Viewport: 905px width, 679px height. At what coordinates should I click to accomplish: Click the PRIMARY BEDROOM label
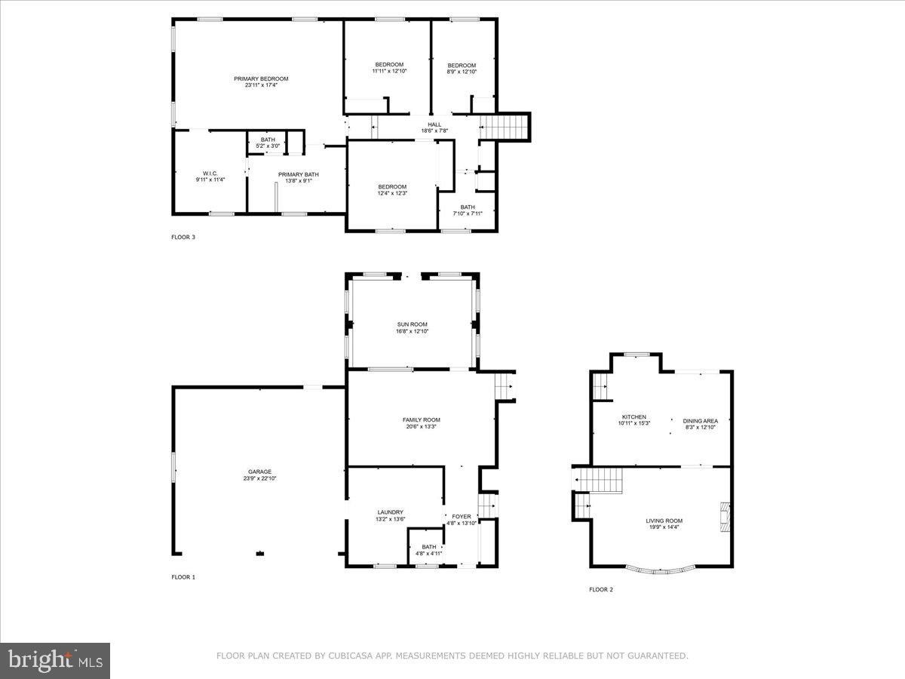click(x=261, y=79)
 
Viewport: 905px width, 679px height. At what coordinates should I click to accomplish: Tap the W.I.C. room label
click(x=210, y=173)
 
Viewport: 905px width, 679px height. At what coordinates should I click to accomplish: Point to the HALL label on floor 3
click(x=434, y=124)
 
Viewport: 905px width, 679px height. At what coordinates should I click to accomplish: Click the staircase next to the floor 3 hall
click(x=505, y=127)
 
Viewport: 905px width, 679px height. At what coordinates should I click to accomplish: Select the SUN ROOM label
click(x=413, y=324)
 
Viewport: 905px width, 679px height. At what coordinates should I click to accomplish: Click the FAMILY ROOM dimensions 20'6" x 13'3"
click(x=421, y=427)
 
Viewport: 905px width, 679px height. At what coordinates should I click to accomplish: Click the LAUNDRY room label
click(x=391, y=512)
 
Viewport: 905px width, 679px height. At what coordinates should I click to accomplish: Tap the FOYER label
click(x=462, y=517)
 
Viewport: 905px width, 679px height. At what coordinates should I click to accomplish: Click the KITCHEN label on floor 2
click(x=633, y=417)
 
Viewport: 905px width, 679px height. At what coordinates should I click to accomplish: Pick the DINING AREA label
click(x=700, y=421)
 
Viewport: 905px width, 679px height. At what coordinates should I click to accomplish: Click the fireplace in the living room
click(x=724, y=518)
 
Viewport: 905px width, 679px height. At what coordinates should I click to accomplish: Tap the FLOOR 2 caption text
click(x=601, y=589)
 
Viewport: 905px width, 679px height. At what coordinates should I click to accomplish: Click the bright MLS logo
click(x=55, y=661)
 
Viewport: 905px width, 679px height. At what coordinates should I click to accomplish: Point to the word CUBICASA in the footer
click(x=349, y=656)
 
